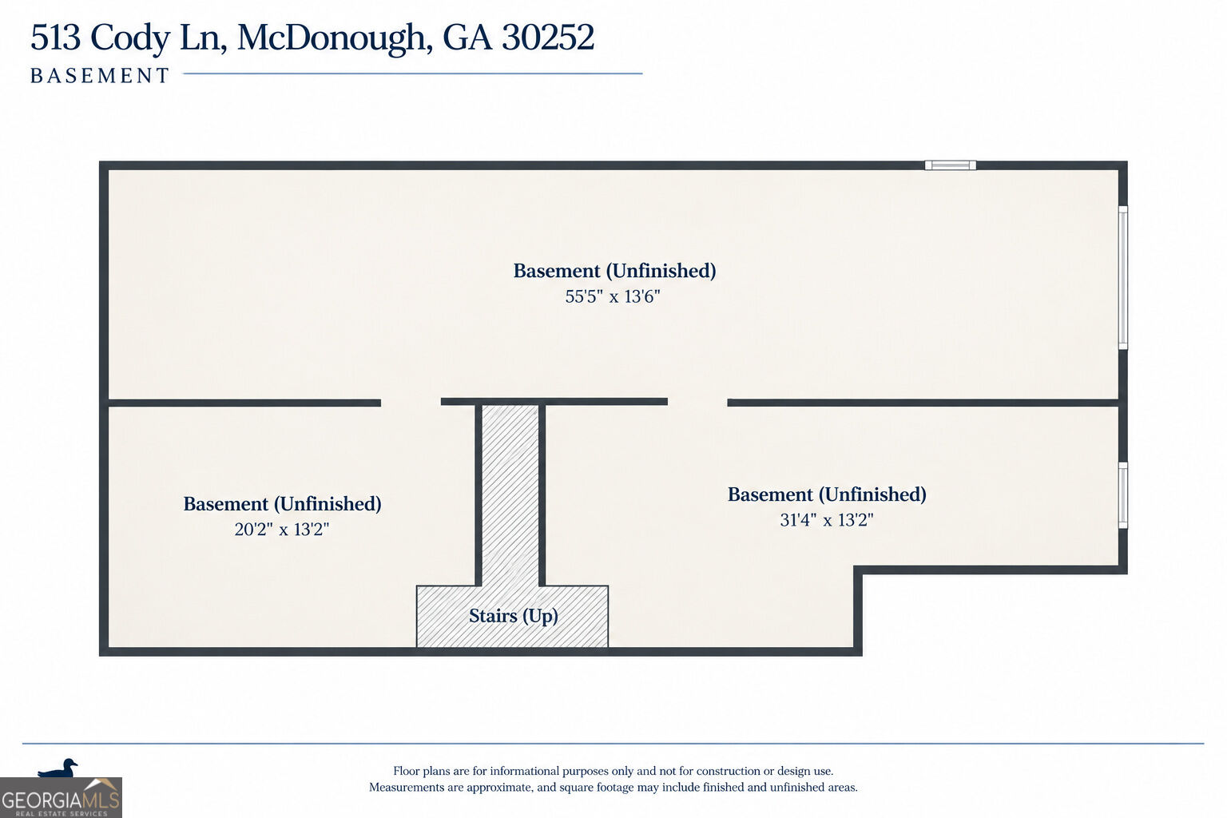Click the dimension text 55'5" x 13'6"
pyautogui.click(x=613, y=296)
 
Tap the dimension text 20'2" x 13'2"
pyautogui.click(x=281, y=530)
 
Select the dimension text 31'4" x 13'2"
pyautogui.click(x=827, y=519)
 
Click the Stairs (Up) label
pyautogui.click(x=514, y=617)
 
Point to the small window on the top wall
pyautogui.click(x=951, y=165)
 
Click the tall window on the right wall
pyautogui.click(x=1123, y=278)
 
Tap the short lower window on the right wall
pyautogui.click(x=1123, y=495)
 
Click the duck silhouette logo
pyautogui.click(x=58, y=768)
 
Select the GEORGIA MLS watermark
pyautogui.click(x=61, y=799)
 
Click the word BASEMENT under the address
pyautogui.click(x=100, y=76)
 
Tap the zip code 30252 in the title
pyautogui.click(x=548, y=38)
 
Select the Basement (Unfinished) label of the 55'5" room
pyautogui.click(x=614, y=271)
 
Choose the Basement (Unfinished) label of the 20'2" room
pyautogui.click(x=282, y=504)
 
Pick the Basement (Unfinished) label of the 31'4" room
pyautogui.click(x=827, y=494)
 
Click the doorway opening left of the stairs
pyautogui.click(x=411, y=403)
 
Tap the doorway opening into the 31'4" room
pyautogui.click(x=697, y=403)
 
